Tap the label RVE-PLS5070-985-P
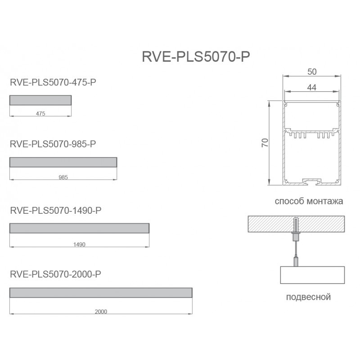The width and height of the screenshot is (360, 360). coord(53,144)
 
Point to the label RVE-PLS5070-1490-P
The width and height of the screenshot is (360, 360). coord(55,210)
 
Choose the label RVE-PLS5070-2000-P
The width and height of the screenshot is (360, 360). coord(55,274)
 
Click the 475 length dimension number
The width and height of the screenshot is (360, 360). coord(40,114)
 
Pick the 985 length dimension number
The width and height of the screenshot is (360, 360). coord(63,178)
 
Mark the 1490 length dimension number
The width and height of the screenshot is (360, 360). coord(79,245)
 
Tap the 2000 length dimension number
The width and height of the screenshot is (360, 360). coord(101,311)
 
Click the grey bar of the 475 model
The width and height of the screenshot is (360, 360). coord(40,100)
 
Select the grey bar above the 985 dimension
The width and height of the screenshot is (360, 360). coord(63,162)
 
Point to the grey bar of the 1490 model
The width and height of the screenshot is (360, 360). coord(79,228)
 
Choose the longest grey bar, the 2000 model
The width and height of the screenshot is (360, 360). coord(101,292)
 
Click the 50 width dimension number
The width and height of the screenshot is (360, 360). coord(311,72)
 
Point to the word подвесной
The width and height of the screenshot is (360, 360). coord(308,297)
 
